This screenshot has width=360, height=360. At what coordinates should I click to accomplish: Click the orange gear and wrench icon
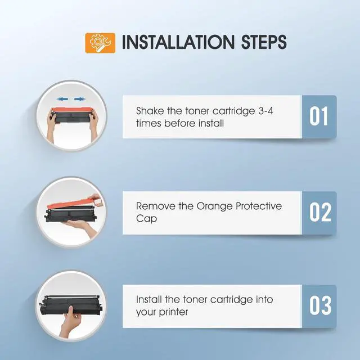(x=100, y=43)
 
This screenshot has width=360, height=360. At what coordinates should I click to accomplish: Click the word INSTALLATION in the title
(x=178, y=42)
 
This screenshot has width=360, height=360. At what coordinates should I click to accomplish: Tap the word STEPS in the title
(x=264, y=42)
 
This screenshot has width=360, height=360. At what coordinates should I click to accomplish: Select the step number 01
(x=318, y=116)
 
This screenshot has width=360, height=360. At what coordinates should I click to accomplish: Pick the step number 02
(x=320, y=212)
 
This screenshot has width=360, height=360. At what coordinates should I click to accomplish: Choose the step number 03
(x=320, y=305)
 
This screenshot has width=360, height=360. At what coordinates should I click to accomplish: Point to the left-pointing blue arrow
(x=62, y=99)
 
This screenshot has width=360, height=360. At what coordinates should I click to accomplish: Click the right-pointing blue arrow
(x=80, y=99)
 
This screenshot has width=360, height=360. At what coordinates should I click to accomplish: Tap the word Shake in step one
(x=150, y=111)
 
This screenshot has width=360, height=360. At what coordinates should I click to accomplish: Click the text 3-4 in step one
(x=266, y=111)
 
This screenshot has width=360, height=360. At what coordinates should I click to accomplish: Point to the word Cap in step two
(x=146, y=219)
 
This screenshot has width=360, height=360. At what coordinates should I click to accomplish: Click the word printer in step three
(x=174, y=313)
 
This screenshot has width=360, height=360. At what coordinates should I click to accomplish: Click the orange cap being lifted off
(x=74, y=202)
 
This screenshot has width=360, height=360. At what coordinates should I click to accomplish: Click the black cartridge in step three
(x=70, y=305)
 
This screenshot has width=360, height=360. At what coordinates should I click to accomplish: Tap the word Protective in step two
(x=259, y=206)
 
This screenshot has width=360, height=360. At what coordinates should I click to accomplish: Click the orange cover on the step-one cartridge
(x=71, y=110)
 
